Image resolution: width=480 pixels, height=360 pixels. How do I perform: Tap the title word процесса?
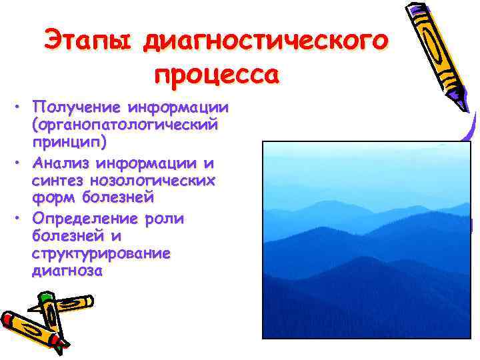point(215,73)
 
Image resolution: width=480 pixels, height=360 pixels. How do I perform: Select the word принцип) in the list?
point(64,142)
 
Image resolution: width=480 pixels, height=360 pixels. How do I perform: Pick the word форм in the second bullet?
point(49,198)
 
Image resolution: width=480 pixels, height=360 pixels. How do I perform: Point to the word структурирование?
point(100,254)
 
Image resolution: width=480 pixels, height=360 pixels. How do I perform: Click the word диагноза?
point(66,271)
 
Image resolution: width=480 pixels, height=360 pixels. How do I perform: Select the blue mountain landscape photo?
point(367,240)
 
